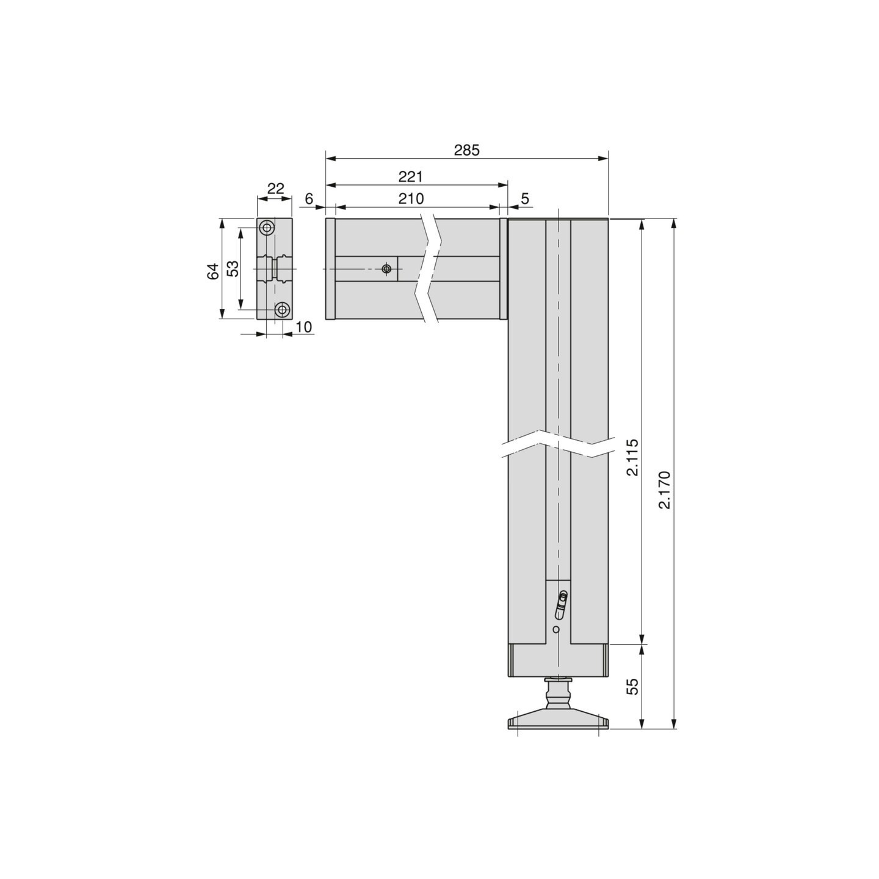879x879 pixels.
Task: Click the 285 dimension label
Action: click(466, 150)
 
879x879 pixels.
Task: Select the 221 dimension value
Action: click(410, 177)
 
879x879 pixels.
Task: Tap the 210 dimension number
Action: click(410, 198)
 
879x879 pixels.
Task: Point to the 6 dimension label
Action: click(309, 199)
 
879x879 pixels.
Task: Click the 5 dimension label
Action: click(525, 199)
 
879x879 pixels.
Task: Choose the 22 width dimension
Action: click(276, 189)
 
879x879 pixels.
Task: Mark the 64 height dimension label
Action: click(212, 271)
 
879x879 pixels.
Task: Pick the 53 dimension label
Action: click(233, 269)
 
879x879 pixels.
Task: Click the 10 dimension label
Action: click(303, 327)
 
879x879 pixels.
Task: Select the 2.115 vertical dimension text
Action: click(632, 457)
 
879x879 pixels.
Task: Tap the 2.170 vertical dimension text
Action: click(665, 490)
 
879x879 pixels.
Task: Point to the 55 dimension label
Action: click(632, 686)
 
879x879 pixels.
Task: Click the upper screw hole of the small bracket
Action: click(266, 228)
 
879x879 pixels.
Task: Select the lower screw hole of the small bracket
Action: click(282, 309)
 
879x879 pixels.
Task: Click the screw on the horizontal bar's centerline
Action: click(386, 269)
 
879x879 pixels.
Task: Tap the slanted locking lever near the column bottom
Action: click(560, 605)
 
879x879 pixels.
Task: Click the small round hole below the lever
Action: click(556, 629)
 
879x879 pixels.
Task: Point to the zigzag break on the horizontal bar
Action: click(430, 269)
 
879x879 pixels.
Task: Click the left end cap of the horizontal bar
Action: click(330, 269)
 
